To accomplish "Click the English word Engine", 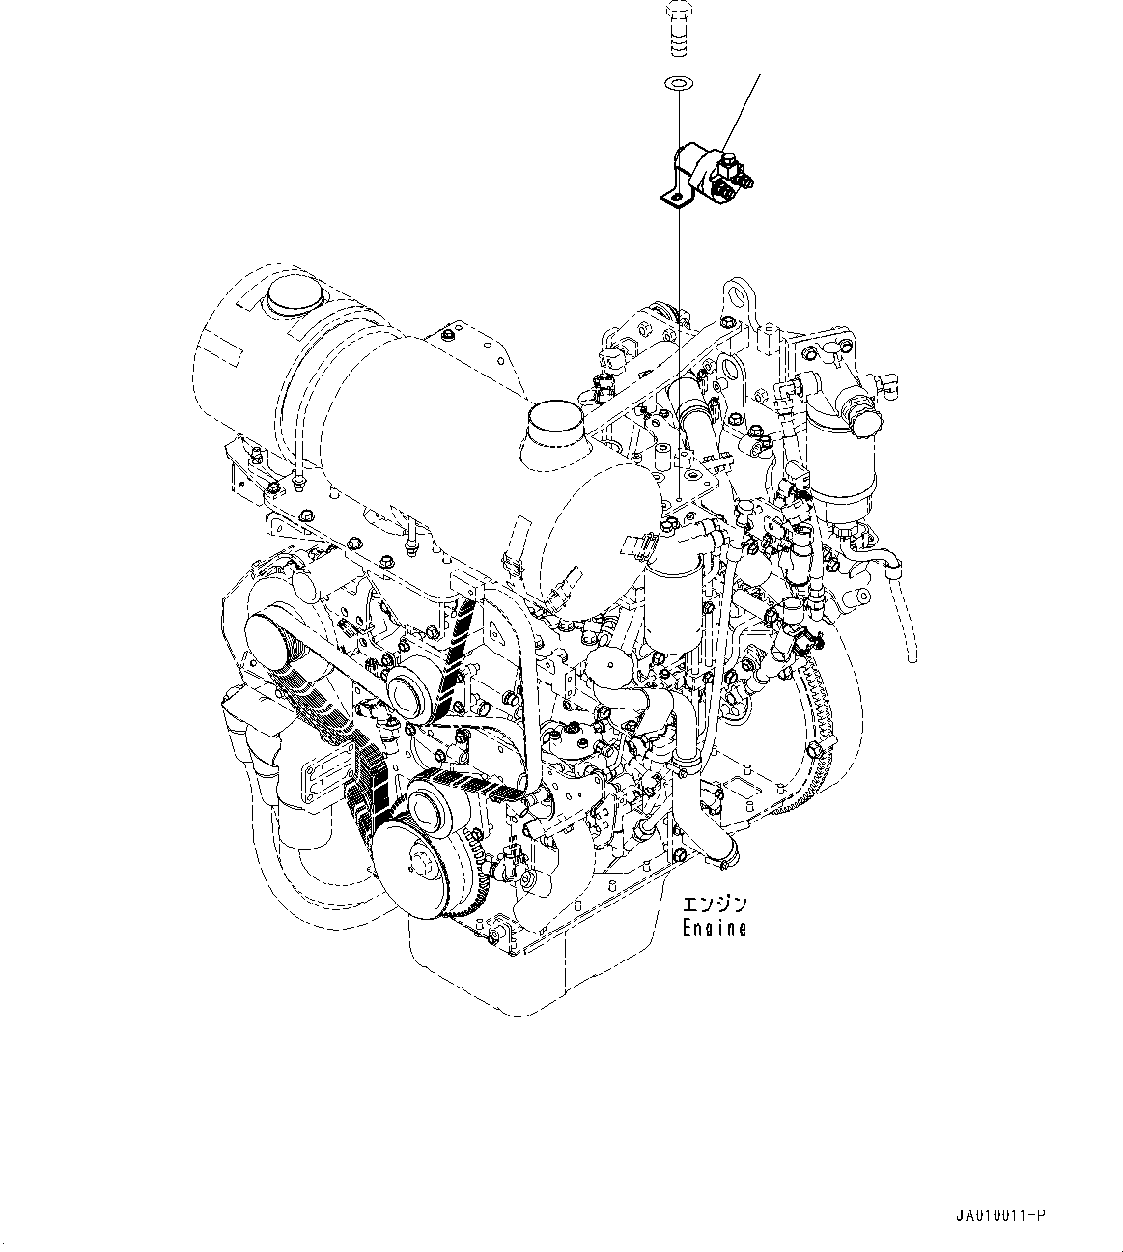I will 714,929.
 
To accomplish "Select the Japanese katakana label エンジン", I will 715,905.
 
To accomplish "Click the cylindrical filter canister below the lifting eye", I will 668,603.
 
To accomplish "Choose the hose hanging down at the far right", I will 904,618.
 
